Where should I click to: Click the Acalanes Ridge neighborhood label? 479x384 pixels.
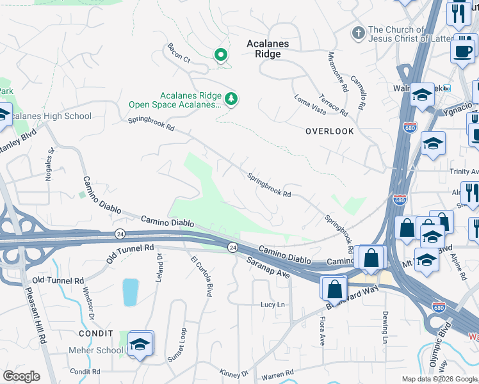[268, 49]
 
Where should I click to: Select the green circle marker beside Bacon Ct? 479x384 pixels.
[221, 56]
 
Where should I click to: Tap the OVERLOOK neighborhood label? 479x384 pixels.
[329, 131]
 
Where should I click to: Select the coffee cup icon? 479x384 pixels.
[462, 51]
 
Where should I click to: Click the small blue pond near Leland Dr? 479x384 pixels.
[129, 292]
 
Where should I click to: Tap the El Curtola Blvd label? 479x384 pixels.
[200, 276]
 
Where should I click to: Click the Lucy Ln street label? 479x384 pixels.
[272, 305]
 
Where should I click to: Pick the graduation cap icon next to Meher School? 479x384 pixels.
[140, 344]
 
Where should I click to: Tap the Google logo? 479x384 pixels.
[21, 376]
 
